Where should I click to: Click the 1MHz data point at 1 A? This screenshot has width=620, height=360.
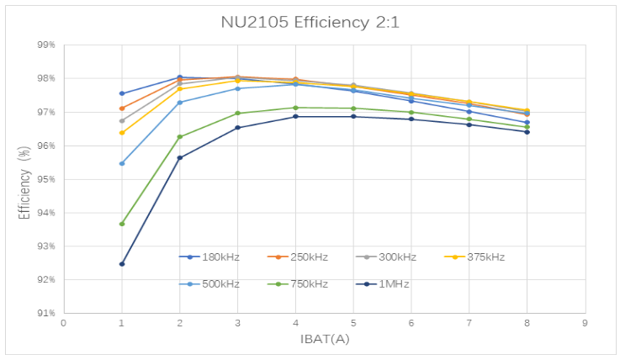[122, 264]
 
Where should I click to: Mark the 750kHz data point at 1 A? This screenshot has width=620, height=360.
[122, 224]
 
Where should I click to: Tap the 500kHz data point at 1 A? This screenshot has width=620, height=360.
[122, 163]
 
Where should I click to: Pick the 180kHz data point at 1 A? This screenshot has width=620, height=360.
[122, 93]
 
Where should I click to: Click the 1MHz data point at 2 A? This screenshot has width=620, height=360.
[180, 157]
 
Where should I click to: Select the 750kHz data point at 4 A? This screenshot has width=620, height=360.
[295, 108]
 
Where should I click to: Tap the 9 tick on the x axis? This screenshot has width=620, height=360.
[585, 322]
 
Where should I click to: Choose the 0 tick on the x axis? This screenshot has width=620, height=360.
[64, 322]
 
